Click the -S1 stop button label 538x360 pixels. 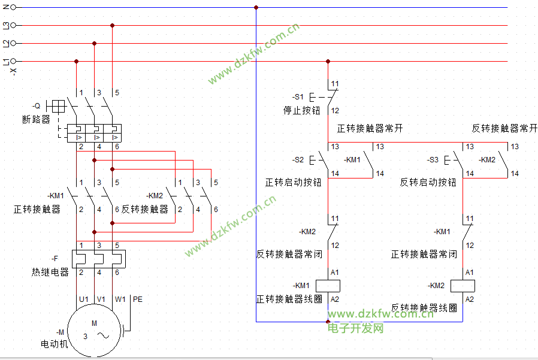[x=298, y=97]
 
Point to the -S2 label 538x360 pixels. [x=298, y=160]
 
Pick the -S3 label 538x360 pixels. [x=433, y=160]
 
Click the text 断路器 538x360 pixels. [x=36, y=119]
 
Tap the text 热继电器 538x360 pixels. [x=50, y=272]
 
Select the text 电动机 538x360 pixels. [x=54, y=343]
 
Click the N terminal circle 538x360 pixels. [x=13, y=7]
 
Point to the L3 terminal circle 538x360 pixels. [x=13, y=25]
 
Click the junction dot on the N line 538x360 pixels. [x=256, y=7]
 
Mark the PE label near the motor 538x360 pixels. [x=138, y=300]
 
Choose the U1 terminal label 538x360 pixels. [x=84, y=300]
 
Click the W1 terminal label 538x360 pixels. [x=120, y=300]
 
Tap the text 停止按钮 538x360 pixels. [x=301, y=110]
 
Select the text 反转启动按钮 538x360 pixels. [x=428, y=182]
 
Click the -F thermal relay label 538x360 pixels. [x=55, y=258]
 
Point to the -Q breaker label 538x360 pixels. [x=37, y=106]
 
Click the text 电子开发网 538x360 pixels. [x=355, y=328]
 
